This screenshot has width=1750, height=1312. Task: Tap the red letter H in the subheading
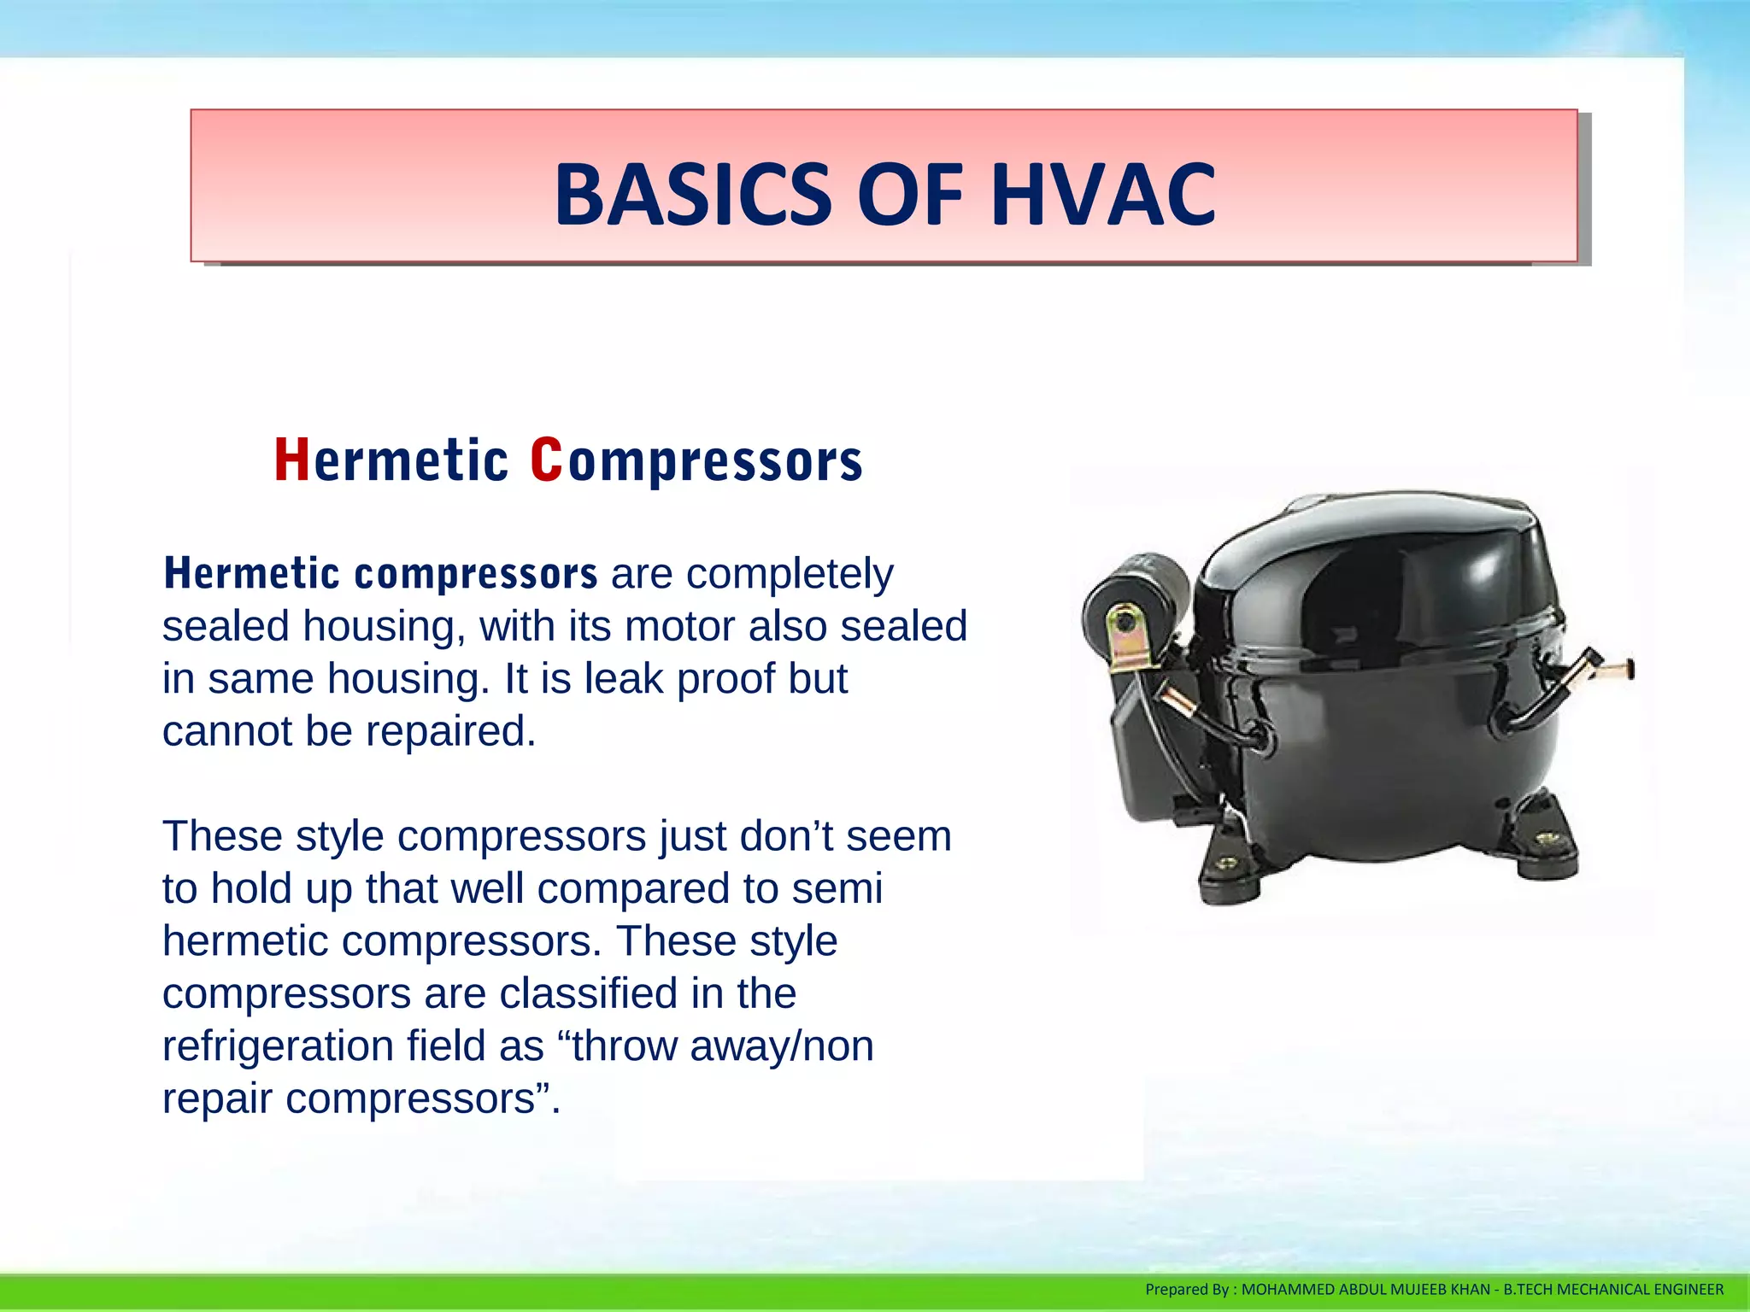tap(291, 460)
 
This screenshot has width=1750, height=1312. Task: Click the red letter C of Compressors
tap(546, 460)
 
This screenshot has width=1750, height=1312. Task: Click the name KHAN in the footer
tap(1470, 1290)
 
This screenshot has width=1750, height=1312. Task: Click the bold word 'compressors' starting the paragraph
tap(476, 574)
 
